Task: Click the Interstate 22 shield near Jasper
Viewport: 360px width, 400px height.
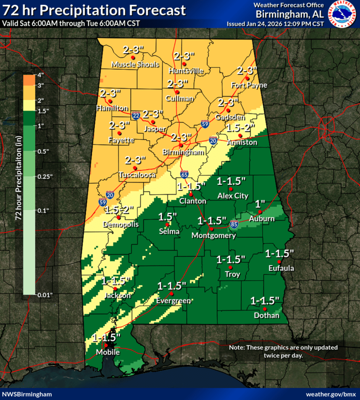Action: (x=136, y=116)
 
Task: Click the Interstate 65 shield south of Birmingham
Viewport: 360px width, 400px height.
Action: (x=184, y=174)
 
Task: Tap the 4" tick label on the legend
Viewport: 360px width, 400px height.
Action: (x=41, y=75)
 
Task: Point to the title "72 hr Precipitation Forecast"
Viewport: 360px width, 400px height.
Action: (x=94, y=10)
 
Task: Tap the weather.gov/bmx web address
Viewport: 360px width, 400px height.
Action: (x=331, y=394)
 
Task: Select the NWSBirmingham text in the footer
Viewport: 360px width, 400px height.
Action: (x=27, y=394)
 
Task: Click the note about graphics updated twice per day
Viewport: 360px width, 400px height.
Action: (x=283, y=351)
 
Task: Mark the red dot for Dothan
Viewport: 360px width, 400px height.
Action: (x=265, y=309)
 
